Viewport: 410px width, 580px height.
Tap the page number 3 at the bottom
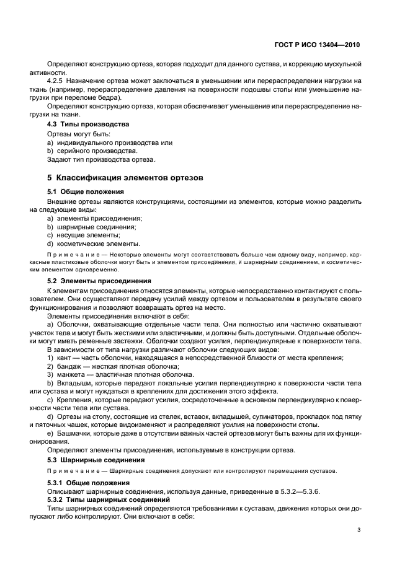pos(359,529)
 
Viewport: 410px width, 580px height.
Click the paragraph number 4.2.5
pos(58,81)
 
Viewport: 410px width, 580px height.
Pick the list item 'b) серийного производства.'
pos(92,151)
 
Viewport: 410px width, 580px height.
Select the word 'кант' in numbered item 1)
pos(65,358)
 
